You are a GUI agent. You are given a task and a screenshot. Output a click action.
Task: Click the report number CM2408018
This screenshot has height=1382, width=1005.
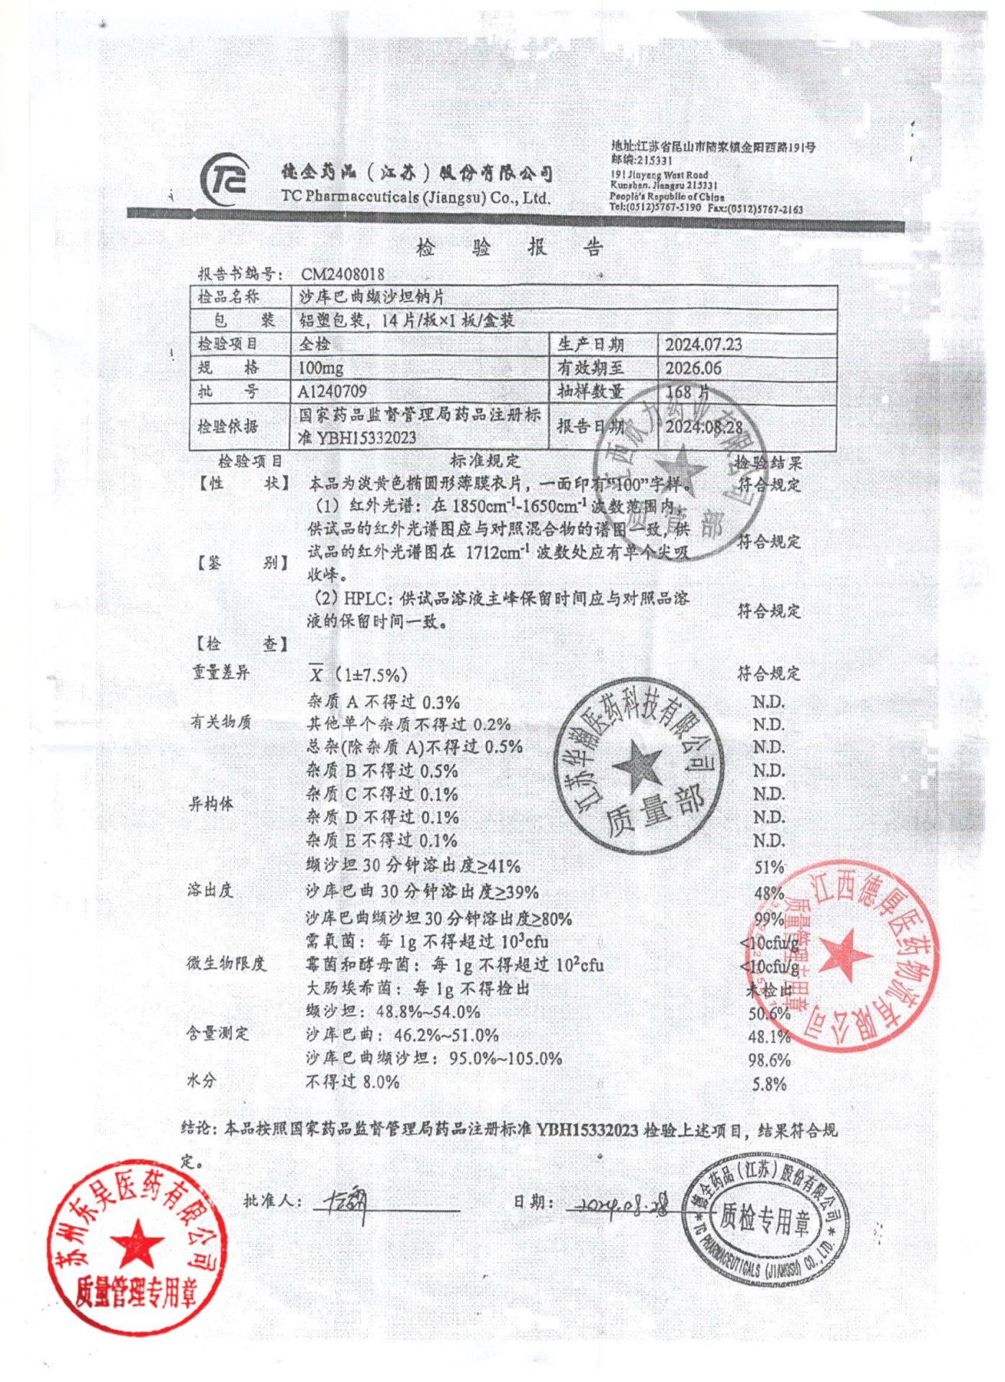tap(343, 274)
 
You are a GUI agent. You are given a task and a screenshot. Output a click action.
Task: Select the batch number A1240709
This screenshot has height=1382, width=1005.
tap(332, 392)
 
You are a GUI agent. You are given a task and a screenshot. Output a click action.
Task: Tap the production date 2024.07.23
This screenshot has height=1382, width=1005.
tap(703, 344)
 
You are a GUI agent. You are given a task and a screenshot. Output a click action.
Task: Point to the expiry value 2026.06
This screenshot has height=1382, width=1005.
tap(693, 368)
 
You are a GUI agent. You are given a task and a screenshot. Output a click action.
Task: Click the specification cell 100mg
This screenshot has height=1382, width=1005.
tap(321, 368)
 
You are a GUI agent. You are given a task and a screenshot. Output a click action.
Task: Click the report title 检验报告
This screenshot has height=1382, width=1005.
tap(509, 248)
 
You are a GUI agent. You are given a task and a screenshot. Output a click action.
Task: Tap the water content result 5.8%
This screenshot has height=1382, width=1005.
tap(769, 1084)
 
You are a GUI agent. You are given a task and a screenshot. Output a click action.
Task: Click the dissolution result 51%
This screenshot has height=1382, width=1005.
tap(768, 867)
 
